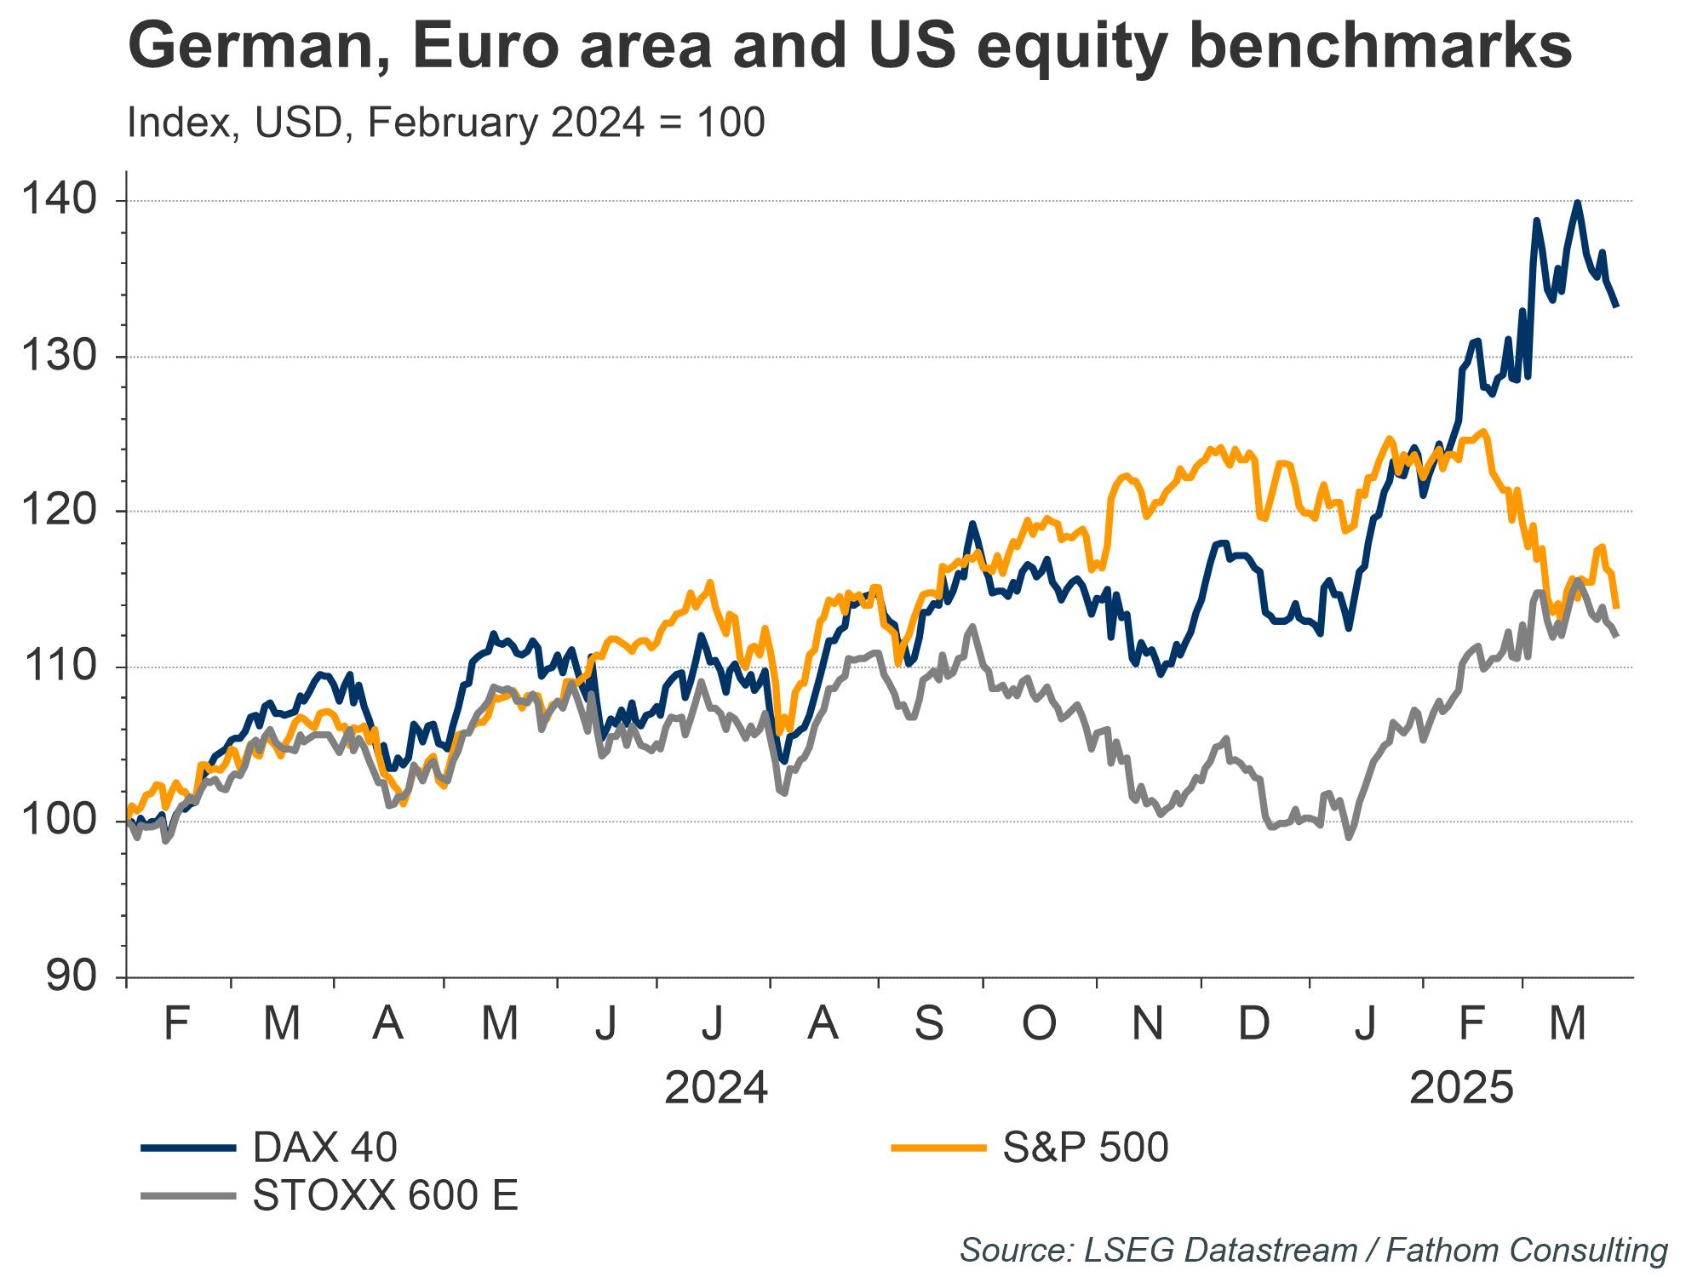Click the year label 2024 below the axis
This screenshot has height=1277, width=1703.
pos(716,1088)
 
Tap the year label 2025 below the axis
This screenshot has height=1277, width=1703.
pos(1461,1088)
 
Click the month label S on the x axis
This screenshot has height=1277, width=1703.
pos(929,1022)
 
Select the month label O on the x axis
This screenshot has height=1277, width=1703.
pos(1038,1022)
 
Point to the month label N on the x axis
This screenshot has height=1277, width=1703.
pos(1147,1022)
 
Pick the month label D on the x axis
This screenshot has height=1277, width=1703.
pos(1253,1022)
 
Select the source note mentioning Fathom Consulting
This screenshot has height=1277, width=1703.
pos(1313,1250)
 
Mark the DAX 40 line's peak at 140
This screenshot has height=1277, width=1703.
pos(1577,202)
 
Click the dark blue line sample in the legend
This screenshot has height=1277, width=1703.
pos(187,1148)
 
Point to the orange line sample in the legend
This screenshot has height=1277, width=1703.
pos(938,1148)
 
